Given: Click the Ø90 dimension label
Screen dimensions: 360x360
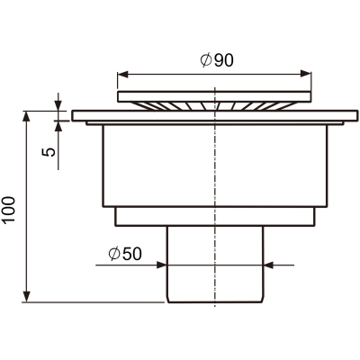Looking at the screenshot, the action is coord(217,60).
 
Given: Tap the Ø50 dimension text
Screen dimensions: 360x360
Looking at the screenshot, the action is coord(125,254).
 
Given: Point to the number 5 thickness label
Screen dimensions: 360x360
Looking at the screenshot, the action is coord(49,152).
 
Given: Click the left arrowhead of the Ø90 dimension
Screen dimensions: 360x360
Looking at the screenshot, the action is coord(122,74).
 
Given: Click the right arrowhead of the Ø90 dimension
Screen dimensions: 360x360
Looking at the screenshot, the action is coord(306,74).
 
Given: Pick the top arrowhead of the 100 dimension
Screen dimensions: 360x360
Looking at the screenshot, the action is coord(27,117).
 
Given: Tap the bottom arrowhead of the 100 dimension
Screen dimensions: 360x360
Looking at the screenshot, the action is coord(27,296).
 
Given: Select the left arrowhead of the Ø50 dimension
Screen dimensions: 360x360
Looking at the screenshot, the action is coord(161,265).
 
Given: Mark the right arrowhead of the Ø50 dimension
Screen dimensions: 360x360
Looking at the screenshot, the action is coord(269,265).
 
